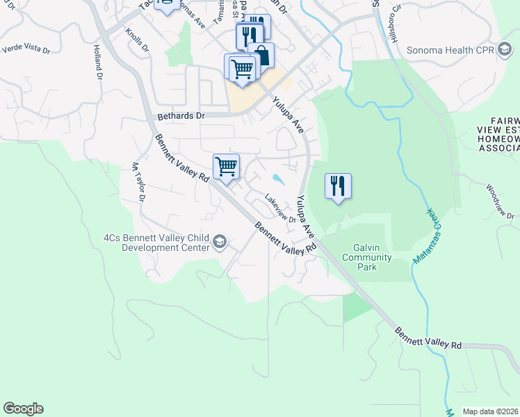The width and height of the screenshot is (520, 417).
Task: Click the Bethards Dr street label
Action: pos(181,116)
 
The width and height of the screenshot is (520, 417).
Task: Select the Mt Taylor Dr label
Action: pos(137,182)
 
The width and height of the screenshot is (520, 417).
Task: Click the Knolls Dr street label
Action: pos(137,40)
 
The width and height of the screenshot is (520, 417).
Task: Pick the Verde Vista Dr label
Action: pos(26,50)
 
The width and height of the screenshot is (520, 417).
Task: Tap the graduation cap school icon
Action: pos(220,241)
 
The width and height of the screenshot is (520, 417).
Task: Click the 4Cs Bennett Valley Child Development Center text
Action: pos(156,242)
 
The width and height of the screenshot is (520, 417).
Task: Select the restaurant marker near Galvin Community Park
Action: pos(338,186)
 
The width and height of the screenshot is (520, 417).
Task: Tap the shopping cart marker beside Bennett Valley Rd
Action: pos(226,167)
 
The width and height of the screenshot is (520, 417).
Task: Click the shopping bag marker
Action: pos(261,55)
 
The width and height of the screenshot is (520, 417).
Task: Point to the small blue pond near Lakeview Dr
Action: pos(278,179)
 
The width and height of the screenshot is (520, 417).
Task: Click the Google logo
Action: pos(23,409)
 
